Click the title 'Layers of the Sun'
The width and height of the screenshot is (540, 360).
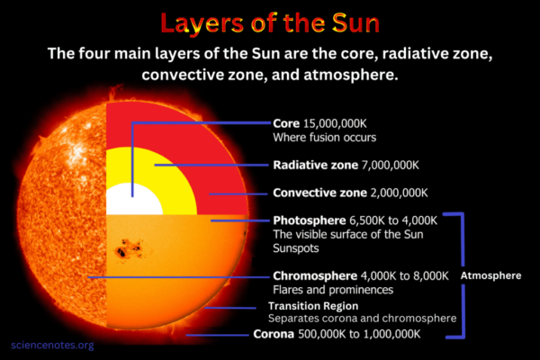(270, 22)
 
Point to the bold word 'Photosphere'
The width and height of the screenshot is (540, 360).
(309, 220)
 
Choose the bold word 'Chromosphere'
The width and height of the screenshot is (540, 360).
(314, 276)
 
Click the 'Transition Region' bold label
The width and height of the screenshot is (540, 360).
(315, 306)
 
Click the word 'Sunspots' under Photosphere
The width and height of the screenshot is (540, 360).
(295, 247)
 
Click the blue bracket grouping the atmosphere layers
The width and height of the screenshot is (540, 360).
(463, 274)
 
